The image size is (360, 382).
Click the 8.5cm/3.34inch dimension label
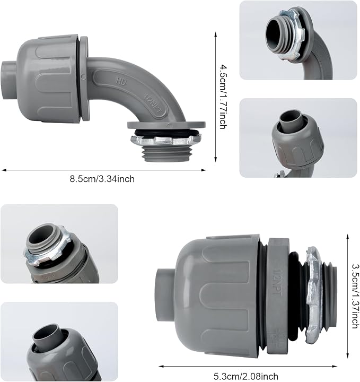[x=102, y=179]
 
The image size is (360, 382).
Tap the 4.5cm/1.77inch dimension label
[x=223, y=97]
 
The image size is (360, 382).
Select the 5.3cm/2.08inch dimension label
[x=246, y=376]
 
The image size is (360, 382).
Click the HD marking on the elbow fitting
[x=121, y=81]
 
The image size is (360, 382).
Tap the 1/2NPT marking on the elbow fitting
[x=153, y=105]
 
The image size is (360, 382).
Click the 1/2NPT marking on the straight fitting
[x=277, y=283]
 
